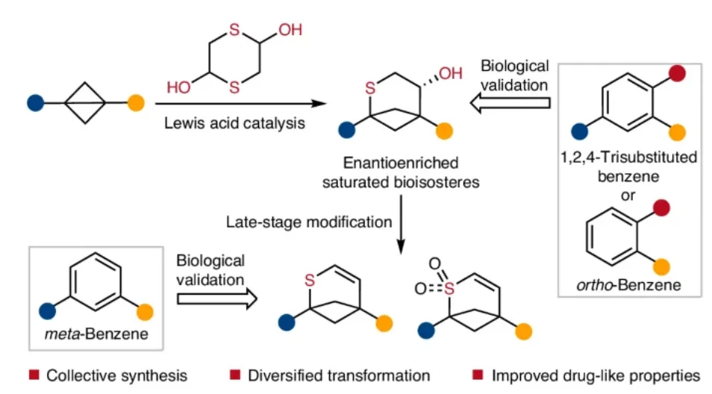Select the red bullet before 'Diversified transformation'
tap(234, 374)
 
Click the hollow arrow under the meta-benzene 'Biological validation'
tap(216, 298)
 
